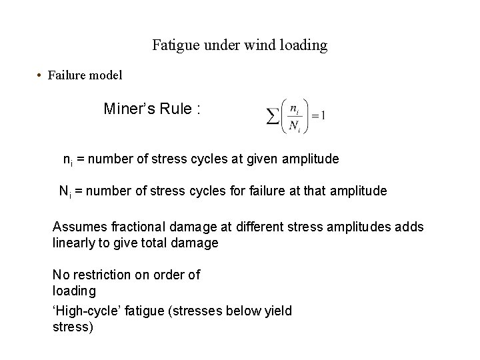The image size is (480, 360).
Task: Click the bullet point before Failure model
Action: point(41,75)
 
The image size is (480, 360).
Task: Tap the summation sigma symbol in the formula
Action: point(273,118)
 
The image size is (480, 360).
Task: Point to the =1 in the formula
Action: point(319,116)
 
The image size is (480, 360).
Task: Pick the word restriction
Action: point(107,275)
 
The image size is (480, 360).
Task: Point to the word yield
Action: point(276,311)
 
